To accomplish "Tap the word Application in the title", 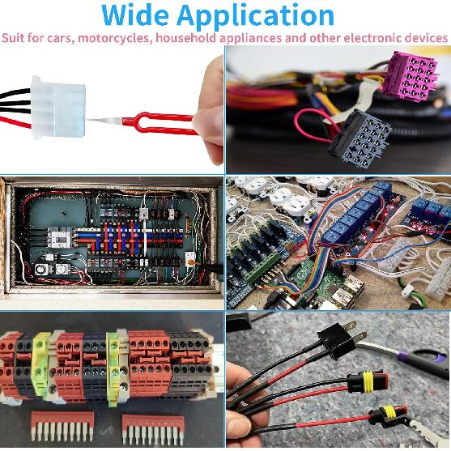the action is click(255, 17).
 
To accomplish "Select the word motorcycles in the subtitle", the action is click(115, 38).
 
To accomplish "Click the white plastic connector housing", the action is click(58, 108).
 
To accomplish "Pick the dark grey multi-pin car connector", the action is click(360, 138).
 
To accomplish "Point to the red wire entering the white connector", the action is click(15, 122).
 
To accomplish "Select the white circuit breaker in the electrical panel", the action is click(59, 237).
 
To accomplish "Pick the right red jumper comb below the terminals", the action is click(153, 429).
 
